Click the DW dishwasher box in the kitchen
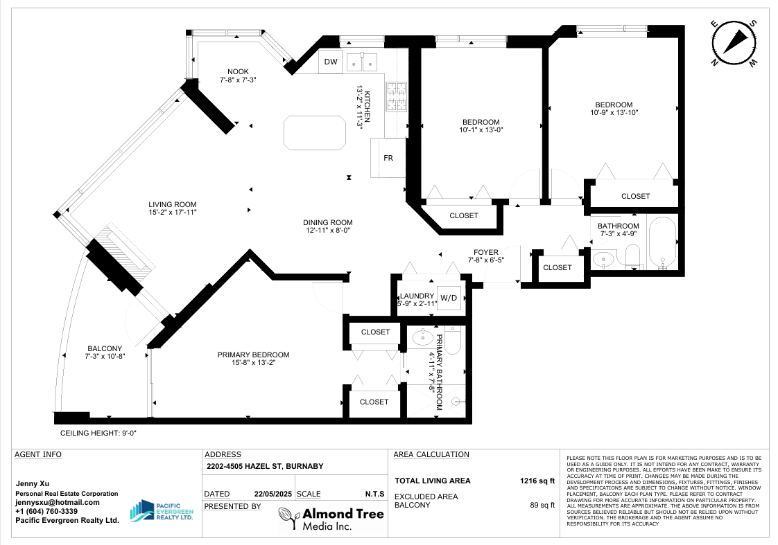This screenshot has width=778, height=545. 331,62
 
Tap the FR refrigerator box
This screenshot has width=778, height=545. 388,158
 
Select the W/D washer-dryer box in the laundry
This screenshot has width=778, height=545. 449,298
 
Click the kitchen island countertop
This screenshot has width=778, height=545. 315,133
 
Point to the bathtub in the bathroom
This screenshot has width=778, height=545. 662,243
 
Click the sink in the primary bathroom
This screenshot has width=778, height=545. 423,338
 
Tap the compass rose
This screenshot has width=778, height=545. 734,44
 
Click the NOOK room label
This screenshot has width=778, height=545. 238,72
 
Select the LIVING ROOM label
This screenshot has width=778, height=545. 173,204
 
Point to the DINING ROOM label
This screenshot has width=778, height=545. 328,222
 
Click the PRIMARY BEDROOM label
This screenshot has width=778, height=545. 253,355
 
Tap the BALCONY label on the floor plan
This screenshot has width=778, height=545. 105,348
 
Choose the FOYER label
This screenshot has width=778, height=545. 486,252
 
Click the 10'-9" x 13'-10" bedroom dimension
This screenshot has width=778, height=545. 614,112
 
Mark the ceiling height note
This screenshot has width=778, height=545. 98,433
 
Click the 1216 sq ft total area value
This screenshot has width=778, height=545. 537,481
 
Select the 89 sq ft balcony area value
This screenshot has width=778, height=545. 542,505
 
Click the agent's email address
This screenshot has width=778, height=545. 58,502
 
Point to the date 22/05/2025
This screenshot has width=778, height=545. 273,494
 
